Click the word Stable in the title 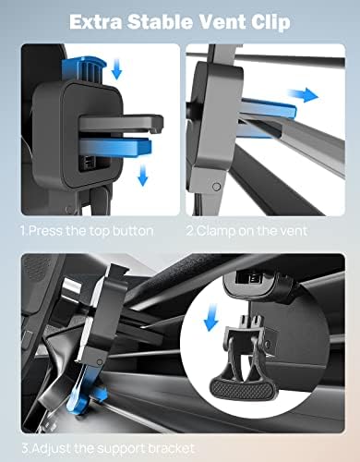(x=159, y=22)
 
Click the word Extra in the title (x=96, y=22)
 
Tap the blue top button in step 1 (x=84, y=69)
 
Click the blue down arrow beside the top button (x=116, y=69)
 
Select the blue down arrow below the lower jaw (x=142, y=175)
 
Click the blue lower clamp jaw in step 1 (x=115, y=146)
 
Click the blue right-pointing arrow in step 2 (x=303, y=94)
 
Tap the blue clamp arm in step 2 (x=268, y=109)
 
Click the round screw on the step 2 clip (x=217, y=187)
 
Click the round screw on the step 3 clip (x=100, y=362)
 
